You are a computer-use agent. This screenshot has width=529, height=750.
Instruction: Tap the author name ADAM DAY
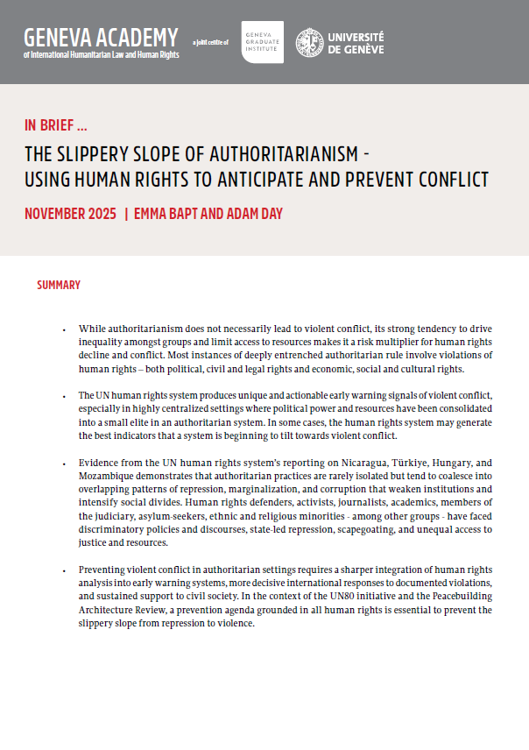click(x=250, y=214)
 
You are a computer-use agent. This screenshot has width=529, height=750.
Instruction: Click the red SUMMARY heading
click(x=59, y=285)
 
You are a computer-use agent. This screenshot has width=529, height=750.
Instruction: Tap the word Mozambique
click(x=110, y=477)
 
